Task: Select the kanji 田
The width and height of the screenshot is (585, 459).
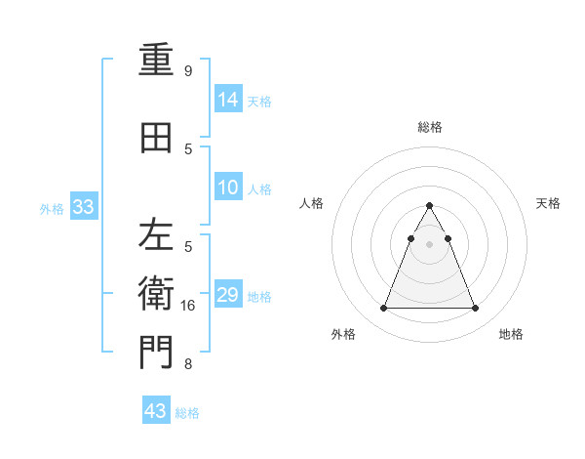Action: click(x=156, y=138)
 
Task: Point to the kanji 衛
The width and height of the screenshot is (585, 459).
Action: click(x=156, y=294)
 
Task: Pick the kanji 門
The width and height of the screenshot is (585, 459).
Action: click(x=156, y=354)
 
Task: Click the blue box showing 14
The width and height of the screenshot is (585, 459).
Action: click(x=228, y=100)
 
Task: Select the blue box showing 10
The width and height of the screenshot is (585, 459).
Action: click(x=228, y=188)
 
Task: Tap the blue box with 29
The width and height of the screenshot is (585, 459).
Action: click(x=228, y=295)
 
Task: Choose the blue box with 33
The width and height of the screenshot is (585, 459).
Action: click(x=83, y=207)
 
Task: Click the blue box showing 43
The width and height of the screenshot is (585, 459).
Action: click(x=156, y=411)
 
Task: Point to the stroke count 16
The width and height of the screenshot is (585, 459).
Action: click(x=188, y=306)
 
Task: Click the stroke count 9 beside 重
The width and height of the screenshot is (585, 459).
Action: click(x=188, y=71)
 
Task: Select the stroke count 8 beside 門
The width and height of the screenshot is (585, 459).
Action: click(x=188, y=365)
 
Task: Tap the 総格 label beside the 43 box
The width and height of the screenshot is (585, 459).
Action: click(x=187, y=413)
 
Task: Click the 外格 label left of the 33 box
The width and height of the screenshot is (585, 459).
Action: click(x=52, y=208)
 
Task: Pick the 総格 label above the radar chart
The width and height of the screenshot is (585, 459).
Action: click(x=430, y=127)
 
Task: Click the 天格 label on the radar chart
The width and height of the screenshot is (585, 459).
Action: click(x=548, y=203)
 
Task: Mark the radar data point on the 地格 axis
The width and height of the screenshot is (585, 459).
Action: click(x=476, y=309)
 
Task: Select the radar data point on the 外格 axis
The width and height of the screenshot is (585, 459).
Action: click(x=383, y=309)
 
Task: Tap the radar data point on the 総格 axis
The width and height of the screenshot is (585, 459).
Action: click(x=430, y=205)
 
